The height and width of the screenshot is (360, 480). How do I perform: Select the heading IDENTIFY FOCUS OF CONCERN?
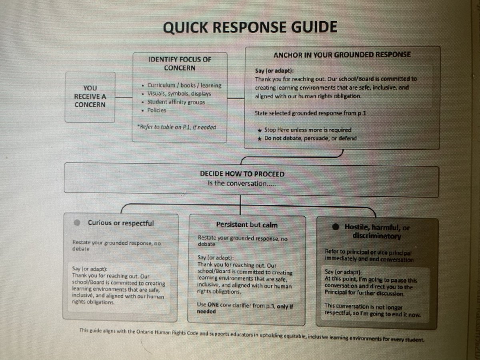[179, 64]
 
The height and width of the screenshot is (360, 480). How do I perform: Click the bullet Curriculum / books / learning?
[184, 86]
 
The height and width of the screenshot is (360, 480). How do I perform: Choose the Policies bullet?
[156, 110]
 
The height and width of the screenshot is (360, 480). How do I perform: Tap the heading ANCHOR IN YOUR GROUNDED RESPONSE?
[342, 55]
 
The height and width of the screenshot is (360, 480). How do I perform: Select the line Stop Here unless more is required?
[307, 130]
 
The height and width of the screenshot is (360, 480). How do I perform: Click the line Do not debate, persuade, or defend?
[310, 138]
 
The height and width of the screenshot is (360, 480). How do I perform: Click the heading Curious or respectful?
[120, 223]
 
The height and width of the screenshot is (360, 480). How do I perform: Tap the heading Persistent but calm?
[246, 225]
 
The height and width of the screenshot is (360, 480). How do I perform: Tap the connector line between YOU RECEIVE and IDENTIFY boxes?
[124, 98]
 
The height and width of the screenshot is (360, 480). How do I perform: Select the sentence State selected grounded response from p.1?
[310, 113]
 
